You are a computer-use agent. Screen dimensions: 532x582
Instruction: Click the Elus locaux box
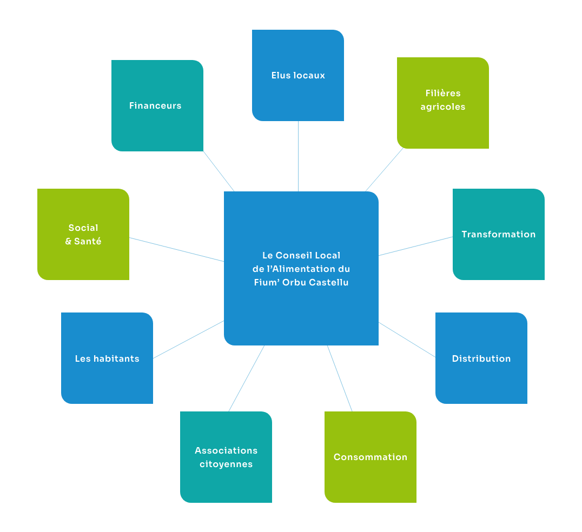[x=298, y=75]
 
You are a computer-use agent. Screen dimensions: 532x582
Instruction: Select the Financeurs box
[x=157, y=105]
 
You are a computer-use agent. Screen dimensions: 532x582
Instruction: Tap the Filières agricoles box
[x=443, y=103]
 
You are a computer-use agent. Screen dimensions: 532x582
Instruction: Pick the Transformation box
[x=498, y=234]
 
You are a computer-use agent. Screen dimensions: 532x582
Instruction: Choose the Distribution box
[x=481, y=358]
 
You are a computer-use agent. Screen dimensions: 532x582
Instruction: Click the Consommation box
[x=371, y=457]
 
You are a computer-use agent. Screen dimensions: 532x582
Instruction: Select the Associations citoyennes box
[x=226, y=457]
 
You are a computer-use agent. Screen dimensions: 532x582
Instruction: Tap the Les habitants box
[x=107, y=358]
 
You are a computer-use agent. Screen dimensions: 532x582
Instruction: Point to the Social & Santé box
[x=83, y=234]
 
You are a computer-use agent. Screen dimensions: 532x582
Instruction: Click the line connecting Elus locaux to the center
[x=298, y=156]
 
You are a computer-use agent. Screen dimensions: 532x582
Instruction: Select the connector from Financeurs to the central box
[x=219, y=171]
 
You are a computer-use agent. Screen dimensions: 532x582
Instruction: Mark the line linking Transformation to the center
[x=415, y=246]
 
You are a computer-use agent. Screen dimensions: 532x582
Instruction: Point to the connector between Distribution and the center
[x=407, y=340]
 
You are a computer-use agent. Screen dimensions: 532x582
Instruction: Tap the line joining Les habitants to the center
[x=188, y=340]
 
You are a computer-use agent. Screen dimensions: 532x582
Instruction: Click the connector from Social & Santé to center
[x=176, y=249]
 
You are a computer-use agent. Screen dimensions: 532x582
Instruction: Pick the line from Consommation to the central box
[x=340, y=378]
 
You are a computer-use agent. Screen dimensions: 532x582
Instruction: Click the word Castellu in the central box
[x=329, y=282]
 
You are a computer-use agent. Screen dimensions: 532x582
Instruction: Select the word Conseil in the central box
[x=294, y=255]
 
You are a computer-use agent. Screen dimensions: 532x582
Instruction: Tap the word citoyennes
[x=226, y=464]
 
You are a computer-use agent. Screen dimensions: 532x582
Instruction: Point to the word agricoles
[x=443, y=107]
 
